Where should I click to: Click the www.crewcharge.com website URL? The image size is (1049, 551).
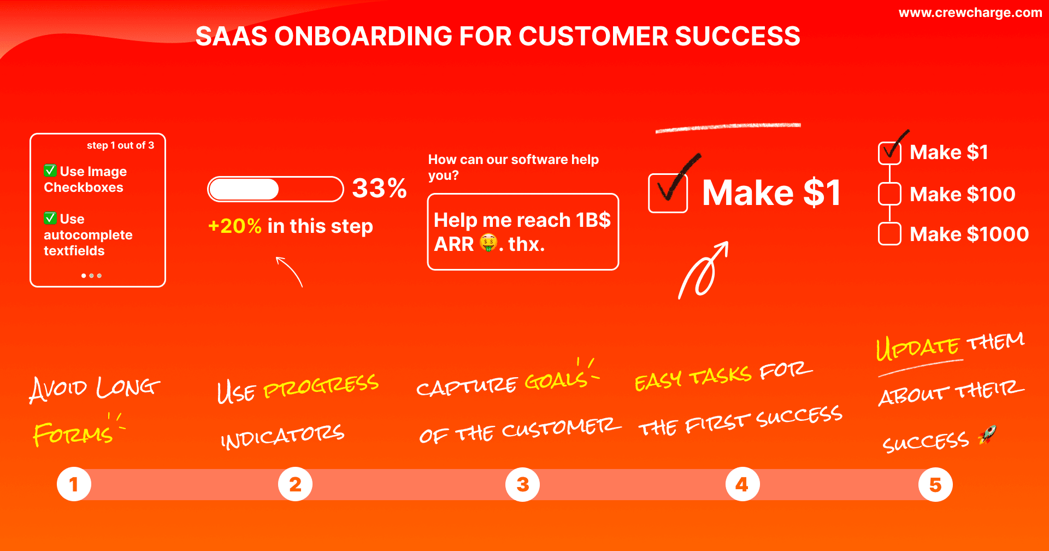coord(970,13)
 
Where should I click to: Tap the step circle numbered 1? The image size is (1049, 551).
coord(74,484)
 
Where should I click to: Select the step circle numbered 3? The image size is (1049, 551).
coord(522,484)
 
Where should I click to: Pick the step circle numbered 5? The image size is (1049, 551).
coord(935,484)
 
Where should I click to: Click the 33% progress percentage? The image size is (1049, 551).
coord(379,189)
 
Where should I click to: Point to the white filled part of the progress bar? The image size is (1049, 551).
coord(244,189)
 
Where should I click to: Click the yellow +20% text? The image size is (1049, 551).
coord(235,226)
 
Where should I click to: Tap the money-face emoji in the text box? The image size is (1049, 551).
coord(488,243)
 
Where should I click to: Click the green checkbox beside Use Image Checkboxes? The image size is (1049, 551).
coord(50,171)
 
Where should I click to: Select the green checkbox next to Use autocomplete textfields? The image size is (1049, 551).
coord(50,218)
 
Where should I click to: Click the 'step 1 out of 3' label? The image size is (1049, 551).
coord(120,145)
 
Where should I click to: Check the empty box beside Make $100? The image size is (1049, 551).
coord(889,194)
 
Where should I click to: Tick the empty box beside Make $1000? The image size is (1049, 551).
coord(889,234)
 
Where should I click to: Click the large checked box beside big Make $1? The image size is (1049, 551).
coord(668,193)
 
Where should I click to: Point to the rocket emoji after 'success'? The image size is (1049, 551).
coord(988,435)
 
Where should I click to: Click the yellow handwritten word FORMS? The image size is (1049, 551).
coord(73,435)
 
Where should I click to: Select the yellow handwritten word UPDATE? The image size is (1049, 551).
coord(918,348)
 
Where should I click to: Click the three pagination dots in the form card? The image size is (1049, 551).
coord(91,275)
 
